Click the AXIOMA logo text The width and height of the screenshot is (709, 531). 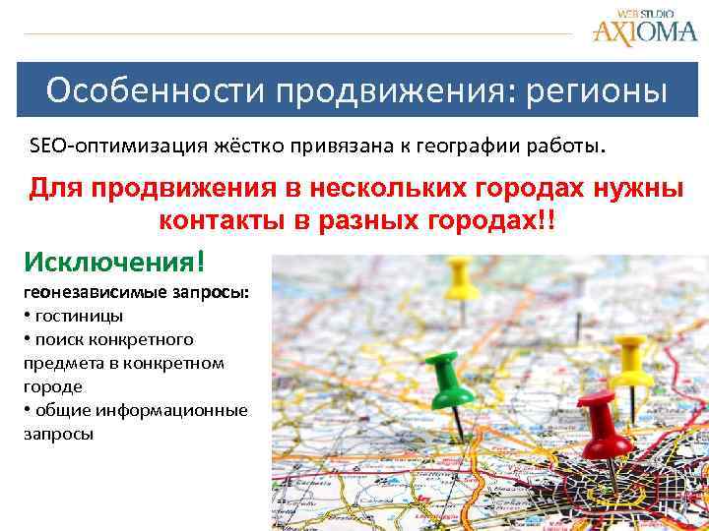coord(644,32)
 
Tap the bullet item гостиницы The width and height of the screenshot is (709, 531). coord(78,316)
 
